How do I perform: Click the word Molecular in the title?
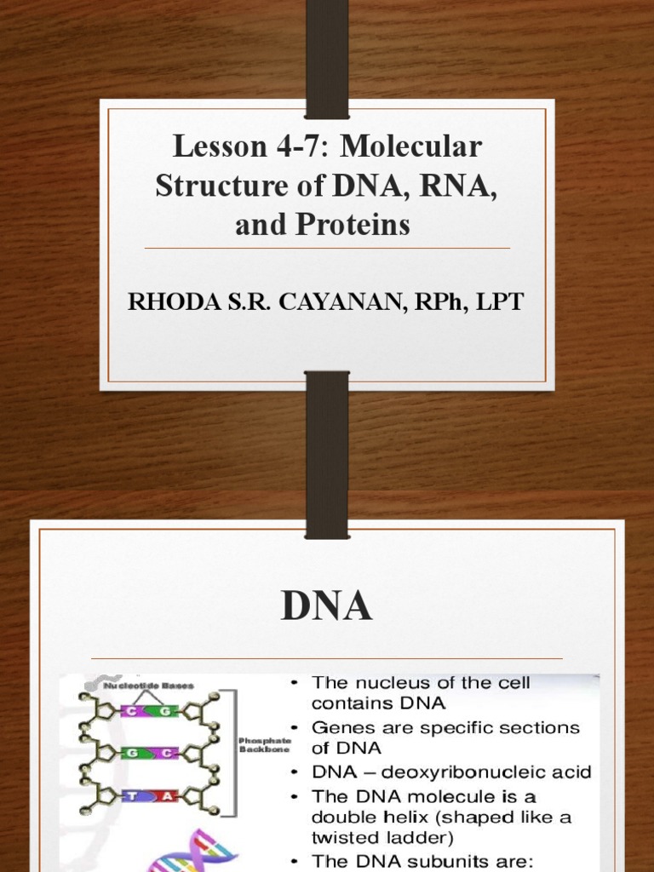(413, 147)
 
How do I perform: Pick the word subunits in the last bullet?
(434, 860)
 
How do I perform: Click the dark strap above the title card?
(327, 55)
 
